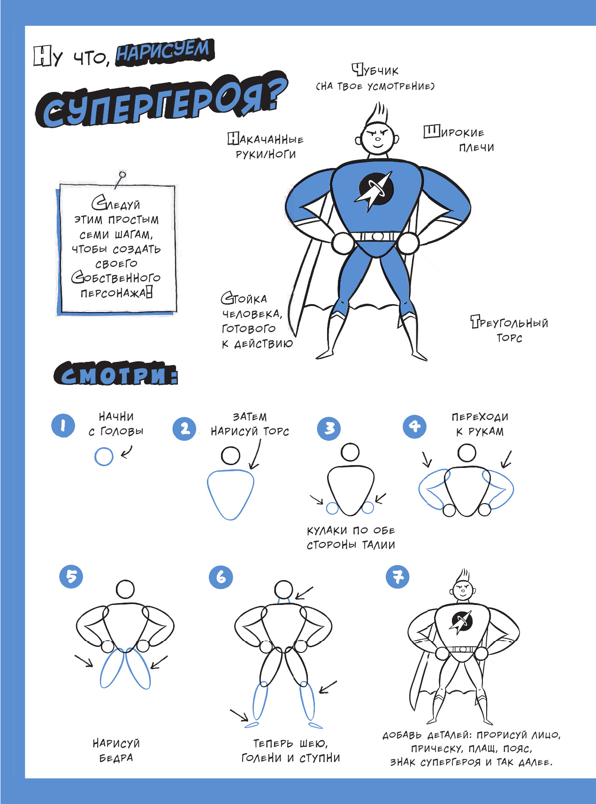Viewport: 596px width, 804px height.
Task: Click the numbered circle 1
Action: (x=63, y=426)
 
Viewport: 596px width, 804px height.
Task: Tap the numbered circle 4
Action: (x=415, y=426)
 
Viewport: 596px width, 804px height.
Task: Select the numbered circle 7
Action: (x=397, y=577)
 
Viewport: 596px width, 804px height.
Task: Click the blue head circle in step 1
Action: (x=104, y=456)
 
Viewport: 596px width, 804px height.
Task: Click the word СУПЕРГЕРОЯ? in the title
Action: (x=162, y=100)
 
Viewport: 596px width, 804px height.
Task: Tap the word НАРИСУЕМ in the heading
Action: (x=164, y=52)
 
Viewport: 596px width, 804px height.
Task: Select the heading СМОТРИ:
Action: (x=116, y=374)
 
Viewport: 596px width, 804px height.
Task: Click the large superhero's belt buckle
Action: (x=376, y=236)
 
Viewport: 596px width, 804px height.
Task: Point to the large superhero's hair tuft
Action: (x=378, y=113)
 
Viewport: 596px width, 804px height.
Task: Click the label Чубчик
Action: (x=375, y=70)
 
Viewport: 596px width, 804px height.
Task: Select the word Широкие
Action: (x=454, y=132)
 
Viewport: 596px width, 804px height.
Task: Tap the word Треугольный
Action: (x=510, y=322)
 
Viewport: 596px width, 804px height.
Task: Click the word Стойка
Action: (x=244, y=299)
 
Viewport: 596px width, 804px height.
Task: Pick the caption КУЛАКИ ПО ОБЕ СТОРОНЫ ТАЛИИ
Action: (x=351, y=537)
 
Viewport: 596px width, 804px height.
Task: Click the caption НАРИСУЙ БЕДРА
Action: (x=116, y=750)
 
